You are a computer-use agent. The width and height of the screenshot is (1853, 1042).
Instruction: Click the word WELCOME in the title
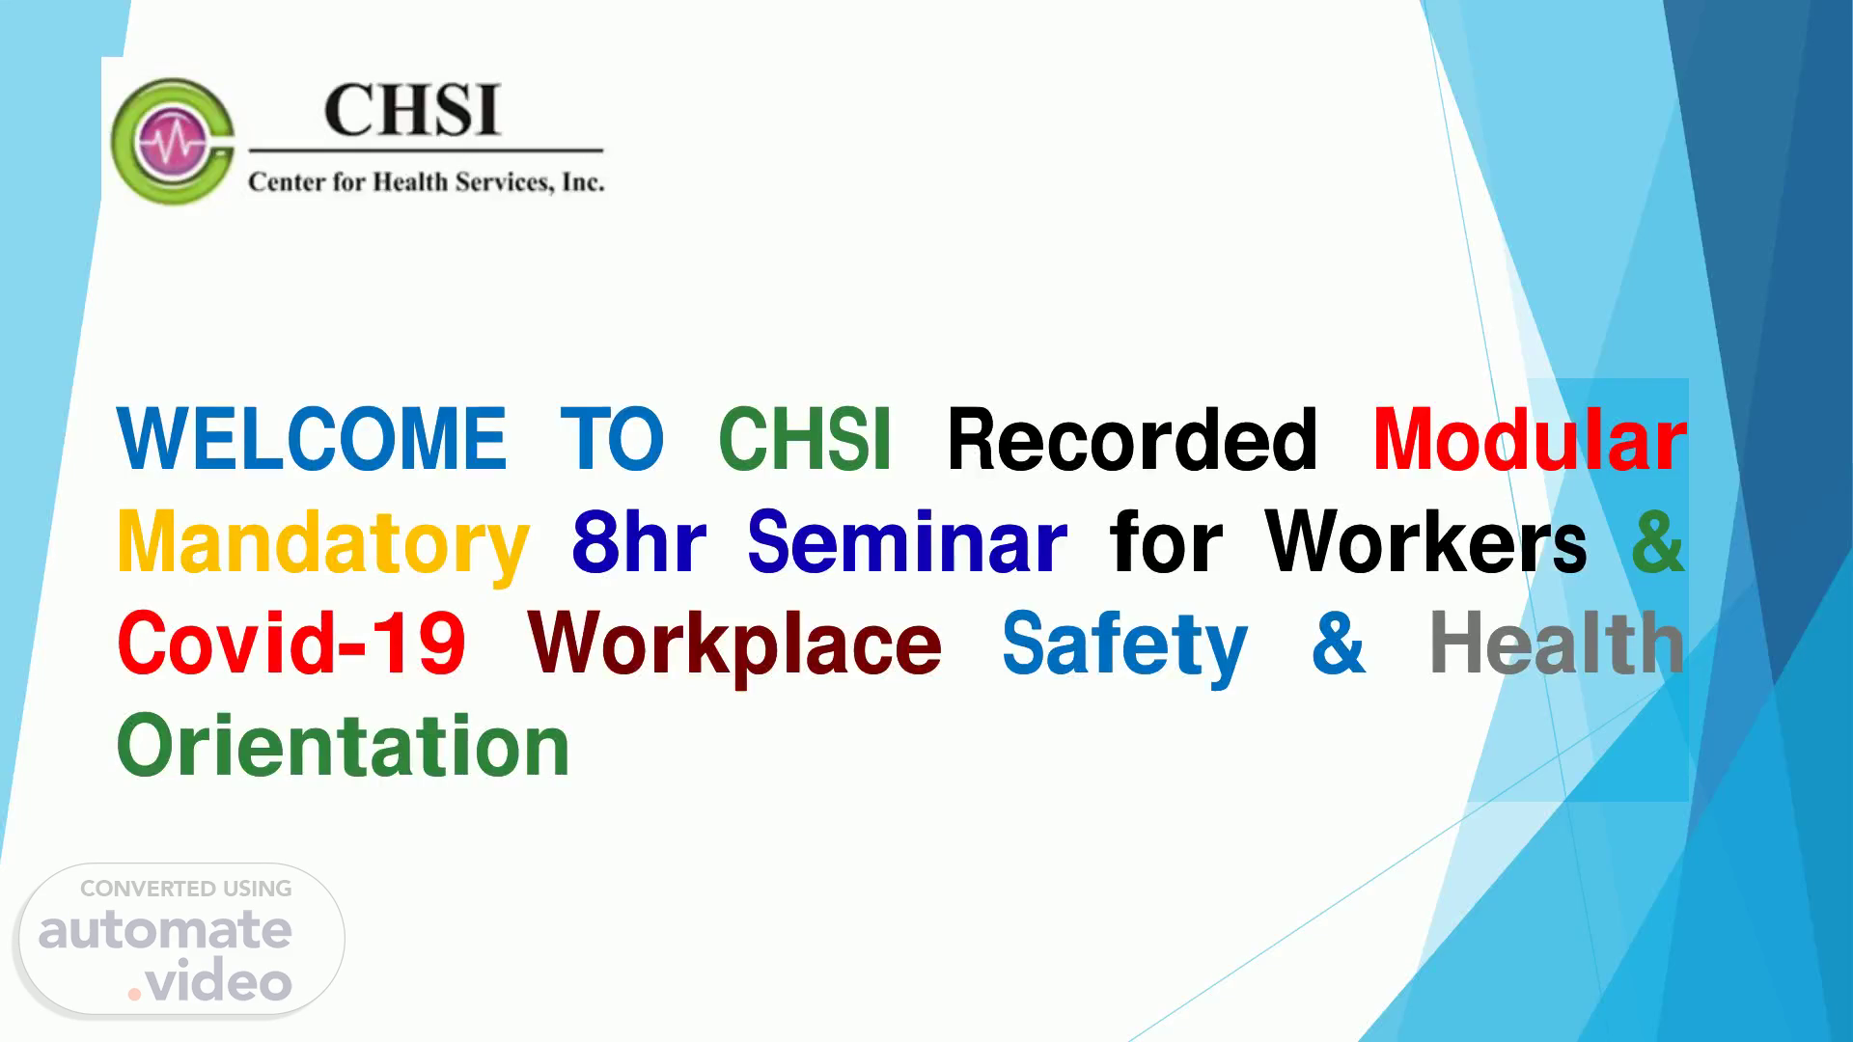(311, 439)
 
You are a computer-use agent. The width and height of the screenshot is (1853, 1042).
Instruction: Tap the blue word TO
(612, 439)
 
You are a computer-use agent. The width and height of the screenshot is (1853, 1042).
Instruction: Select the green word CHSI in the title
(805, 439)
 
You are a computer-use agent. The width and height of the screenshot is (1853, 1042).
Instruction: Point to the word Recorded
(1132, 439)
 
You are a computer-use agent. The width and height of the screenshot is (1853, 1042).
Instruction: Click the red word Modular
(1530, 439)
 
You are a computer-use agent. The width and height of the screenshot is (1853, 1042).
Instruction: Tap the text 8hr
(639, 541)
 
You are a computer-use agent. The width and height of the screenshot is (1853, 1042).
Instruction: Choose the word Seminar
(907, 541)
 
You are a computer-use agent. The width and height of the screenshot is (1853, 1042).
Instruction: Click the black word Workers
(1426, 541)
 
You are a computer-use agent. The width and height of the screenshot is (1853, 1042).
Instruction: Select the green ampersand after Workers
(1658, 541)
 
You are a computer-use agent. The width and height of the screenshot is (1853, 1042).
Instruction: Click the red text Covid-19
(291, 644)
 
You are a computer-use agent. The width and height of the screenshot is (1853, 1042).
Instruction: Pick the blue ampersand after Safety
(1339, 644)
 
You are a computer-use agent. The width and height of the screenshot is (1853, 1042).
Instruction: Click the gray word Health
(1557, 644)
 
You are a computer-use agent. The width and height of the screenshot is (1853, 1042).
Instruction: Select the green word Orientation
(344, 746)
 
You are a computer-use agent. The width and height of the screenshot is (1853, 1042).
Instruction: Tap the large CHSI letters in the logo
(412, 109)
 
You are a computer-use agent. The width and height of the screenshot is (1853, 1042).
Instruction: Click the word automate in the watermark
(165, 930)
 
